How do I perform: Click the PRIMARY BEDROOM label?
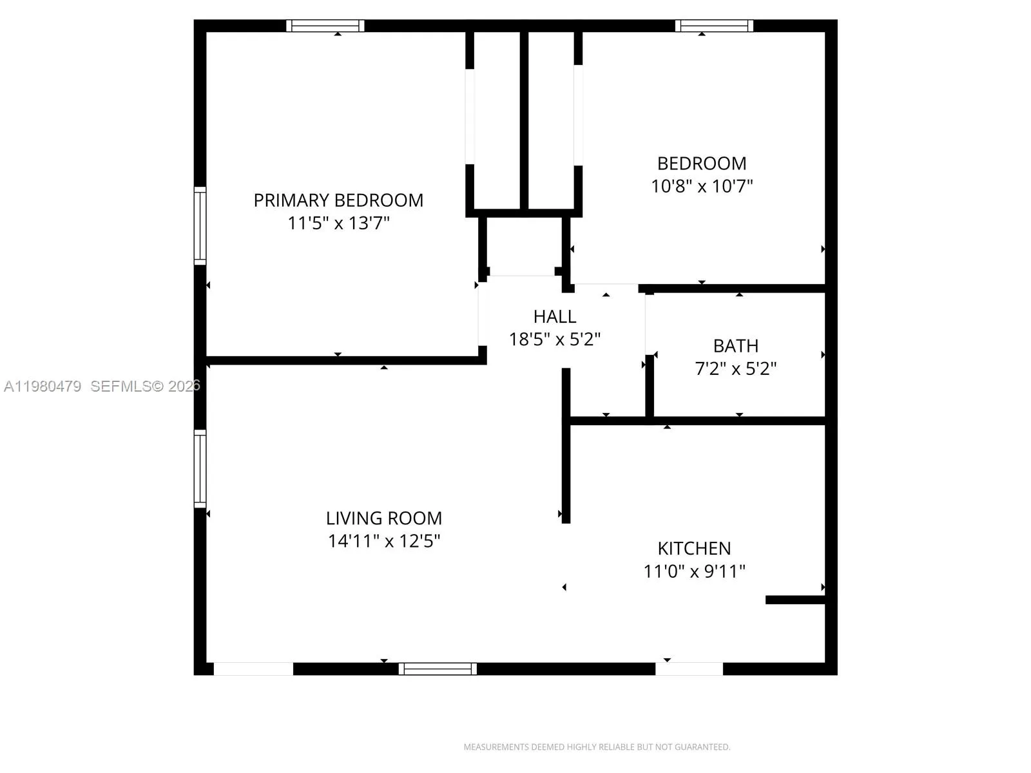[x=338, y=200]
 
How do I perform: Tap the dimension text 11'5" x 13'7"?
[x=338, y=224]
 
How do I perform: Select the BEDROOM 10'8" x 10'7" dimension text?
[x=702, y=186]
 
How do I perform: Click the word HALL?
[x=554, y=316]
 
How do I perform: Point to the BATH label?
[x=735, y=346]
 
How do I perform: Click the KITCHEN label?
[x=694, y=548]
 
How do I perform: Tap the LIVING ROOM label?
[x=383, y=518]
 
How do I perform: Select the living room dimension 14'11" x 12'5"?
[x=383, y=541]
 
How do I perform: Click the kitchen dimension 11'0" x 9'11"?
[x=694, y=571]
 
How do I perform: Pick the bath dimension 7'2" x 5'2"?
[x=735, y=369]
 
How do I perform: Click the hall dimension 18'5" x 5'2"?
[x=554, y=339]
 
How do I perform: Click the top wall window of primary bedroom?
[x=325, y=26]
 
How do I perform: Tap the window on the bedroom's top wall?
[x=714, y=26]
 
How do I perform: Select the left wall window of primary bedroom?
[x=200, y=225]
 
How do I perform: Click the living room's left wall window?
[x=200, y=468]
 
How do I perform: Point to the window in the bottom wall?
[x=438, y=669]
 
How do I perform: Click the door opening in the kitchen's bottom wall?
[x=689, y=669]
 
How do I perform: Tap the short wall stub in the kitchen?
[x=795, y=600]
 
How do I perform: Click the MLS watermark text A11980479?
[x=43, y=386]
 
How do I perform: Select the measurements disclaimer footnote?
[x=597, y=747]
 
